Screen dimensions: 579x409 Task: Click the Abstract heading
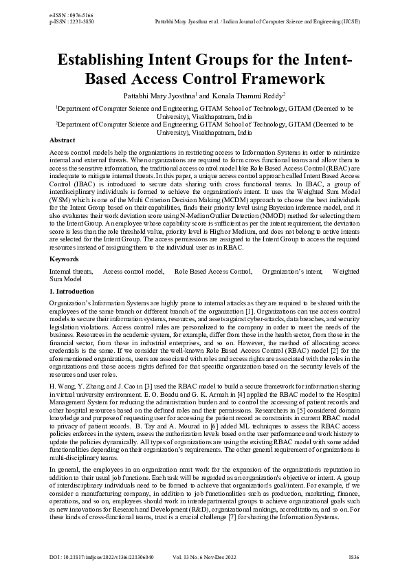click(63, 140)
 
